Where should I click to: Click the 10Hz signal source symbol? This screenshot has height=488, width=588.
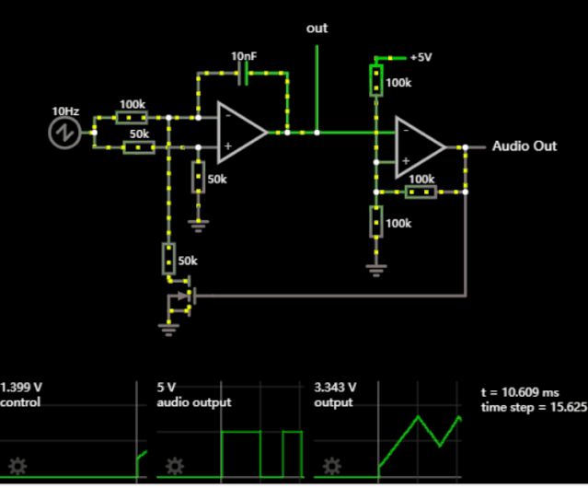pyautogui.click(x=65, y=133)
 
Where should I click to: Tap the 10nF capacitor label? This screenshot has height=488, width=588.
pyautogui.click(x=244, y=56)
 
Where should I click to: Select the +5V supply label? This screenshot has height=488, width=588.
pyautogui.click(x=421, y=57)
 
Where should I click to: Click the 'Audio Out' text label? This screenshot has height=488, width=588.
pyautogui.click(x=525, y=145)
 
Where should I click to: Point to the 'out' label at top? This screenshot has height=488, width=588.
pyautogui.click(x=317, y=29)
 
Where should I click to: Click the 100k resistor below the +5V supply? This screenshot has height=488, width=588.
pyautogui.click(x=376, y=80)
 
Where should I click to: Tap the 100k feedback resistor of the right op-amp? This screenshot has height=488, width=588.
pyautogui.click(x=421, y=192)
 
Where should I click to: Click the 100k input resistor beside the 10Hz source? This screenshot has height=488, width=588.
pyautogui.click(x=132, y=117)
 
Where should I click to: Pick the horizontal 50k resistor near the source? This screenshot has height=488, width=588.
pyautogui.click(x=139, y=147)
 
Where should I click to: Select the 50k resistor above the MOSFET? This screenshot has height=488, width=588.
pyautogui.click(x=169, y=260)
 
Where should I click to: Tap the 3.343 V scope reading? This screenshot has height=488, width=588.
pyautogui.click(x=335, y=387)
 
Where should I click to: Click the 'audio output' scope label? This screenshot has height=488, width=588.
pyautogui.click(x=194, y=402)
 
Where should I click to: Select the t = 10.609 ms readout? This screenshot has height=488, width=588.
pyautogui.click(x=520, y=392)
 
